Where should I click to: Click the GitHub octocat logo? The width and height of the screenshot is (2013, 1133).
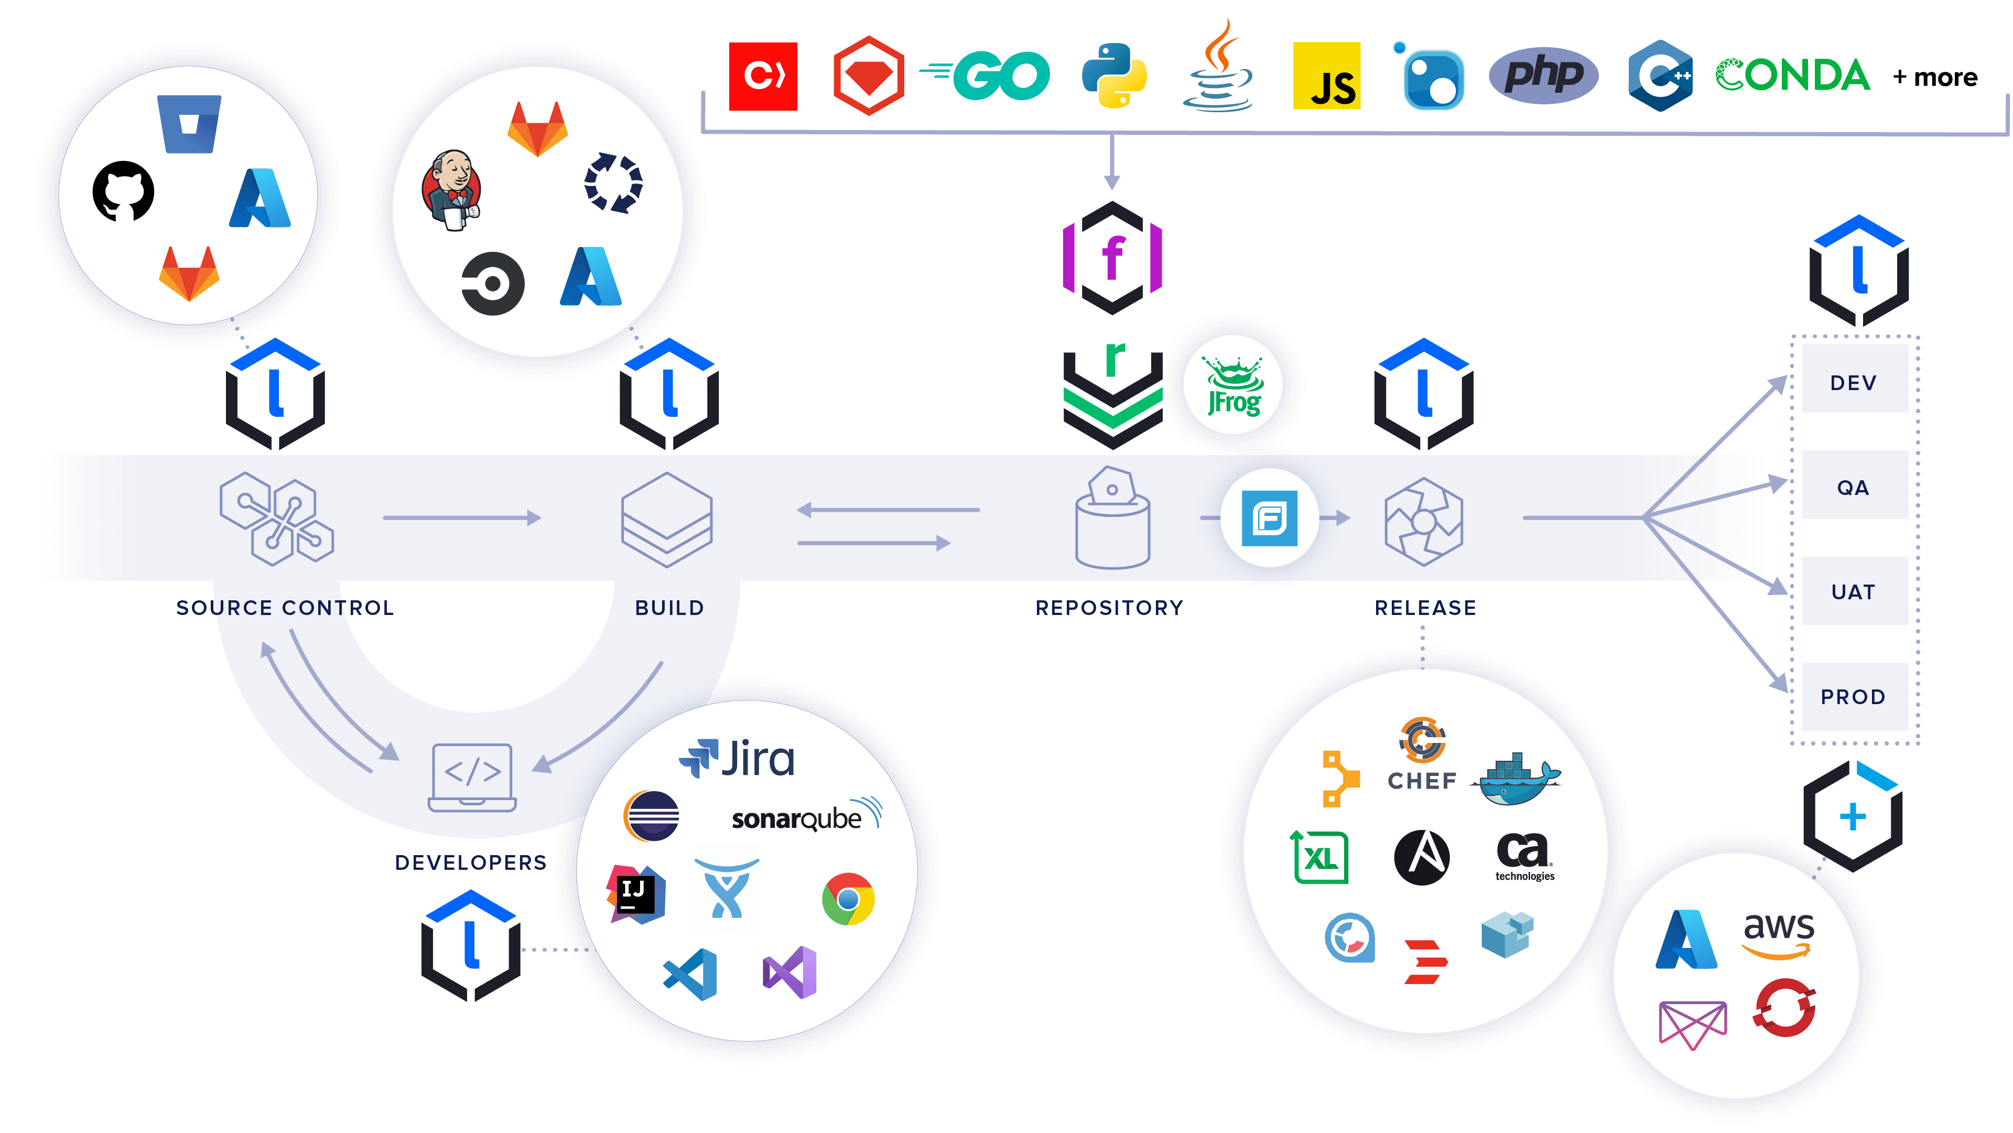124,191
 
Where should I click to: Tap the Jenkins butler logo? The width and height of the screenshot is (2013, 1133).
452,190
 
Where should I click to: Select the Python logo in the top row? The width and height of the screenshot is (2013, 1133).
1114,75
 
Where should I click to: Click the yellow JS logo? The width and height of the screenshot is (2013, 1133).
1327,76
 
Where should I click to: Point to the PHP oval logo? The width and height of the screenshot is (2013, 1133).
1543,75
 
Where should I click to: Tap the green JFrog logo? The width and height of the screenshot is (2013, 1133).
1233,385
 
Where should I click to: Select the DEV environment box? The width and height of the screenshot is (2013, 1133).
1854,382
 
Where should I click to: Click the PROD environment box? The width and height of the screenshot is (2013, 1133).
1854,696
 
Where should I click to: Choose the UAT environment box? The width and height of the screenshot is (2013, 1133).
1854,591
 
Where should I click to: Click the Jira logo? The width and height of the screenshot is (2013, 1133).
737,759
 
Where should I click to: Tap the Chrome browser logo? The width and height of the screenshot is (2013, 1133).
848,899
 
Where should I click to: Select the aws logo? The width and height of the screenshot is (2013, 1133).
1779,934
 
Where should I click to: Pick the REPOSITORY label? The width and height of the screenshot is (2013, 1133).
1110,608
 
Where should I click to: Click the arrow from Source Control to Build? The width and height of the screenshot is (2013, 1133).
462,517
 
